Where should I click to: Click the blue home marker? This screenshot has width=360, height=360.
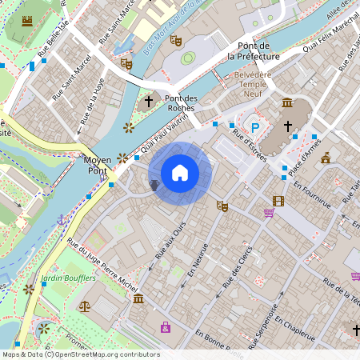180,173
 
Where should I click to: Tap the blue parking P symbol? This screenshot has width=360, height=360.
255,127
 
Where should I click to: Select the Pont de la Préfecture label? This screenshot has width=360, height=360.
253,51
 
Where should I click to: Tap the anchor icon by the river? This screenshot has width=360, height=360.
62,219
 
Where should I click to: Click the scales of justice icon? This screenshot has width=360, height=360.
85,305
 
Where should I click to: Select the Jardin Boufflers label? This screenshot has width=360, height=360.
69,278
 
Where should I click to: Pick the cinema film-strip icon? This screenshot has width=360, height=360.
278,201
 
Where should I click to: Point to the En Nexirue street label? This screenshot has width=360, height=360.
198,259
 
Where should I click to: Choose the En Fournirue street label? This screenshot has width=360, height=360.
310,194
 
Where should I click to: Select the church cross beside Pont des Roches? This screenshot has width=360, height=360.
148,102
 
